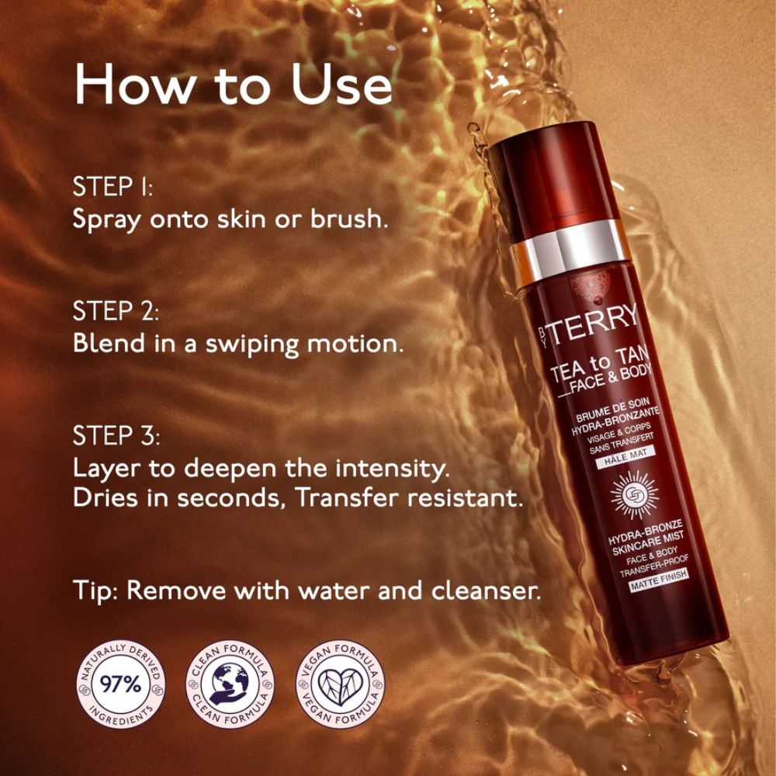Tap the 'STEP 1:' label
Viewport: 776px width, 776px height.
point(113,187)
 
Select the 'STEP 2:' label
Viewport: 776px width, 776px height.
point(116,311)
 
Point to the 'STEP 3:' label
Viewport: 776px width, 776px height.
point(116,436)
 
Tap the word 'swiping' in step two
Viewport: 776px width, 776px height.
point(252,345)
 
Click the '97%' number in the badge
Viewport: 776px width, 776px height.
point(121,684)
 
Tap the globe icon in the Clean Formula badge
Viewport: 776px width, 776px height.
point(230,684)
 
